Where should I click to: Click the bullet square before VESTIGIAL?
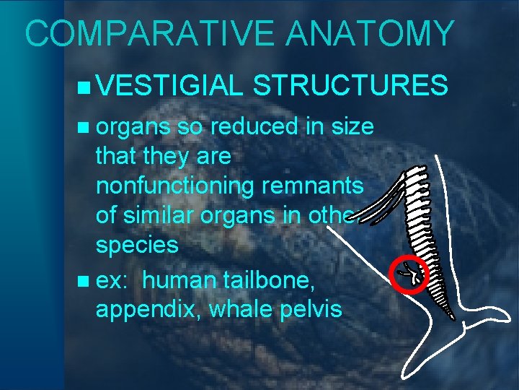click(85, 88)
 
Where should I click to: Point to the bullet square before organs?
click(85, 128)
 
